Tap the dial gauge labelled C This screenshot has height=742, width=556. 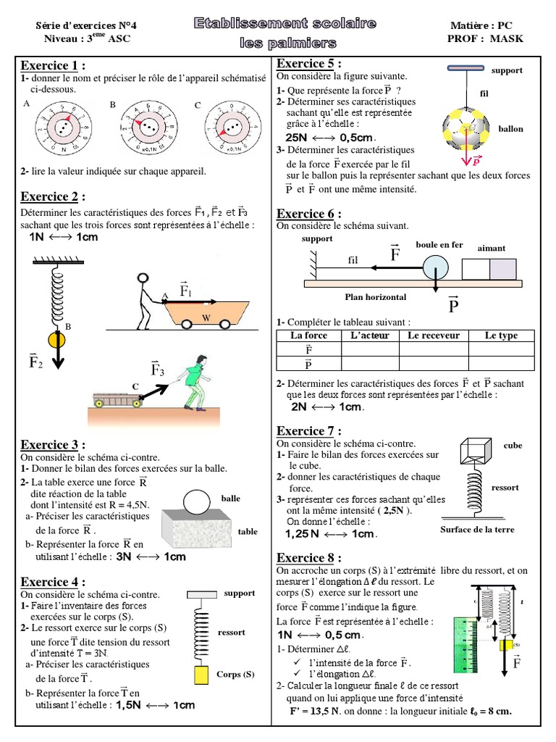coord(230,129)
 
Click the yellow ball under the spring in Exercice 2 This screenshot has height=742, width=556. coord(56,340)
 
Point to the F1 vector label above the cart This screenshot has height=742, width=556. coord(186,291)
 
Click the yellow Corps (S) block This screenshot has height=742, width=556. coord(201,675)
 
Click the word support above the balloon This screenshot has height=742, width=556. coord(506,71)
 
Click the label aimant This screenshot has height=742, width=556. coord(491,248)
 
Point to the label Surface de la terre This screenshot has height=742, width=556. coord(477,530)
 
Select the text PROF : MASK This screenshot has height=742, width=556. coord(485,38)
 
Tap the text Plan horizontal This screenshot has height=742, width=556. coord(376,297)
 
